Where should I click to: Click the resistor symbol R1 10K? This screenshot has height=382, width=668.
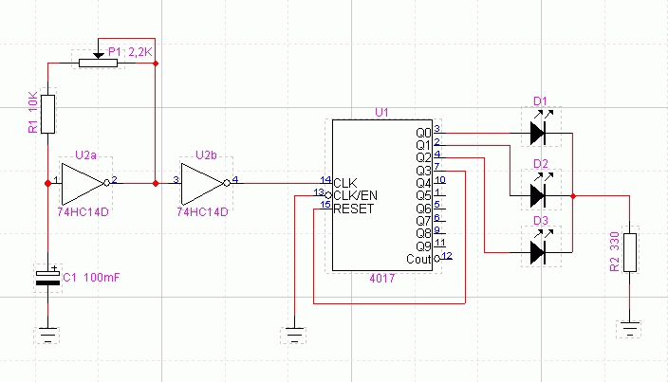(x=47, y=114)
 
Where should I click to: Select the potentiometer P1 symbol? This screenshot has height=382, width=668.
(x=98, y=63)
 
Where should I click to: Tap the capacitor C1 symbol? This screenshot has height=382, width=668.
(x=47, y=277)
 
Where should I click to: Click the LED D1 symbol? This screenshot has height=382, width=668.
(x=539, y=129)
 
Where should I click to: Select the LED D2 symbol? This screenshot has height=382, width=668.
(x=539, y=191)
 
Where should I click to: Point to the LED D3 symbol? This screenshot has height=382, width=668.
(x=539, y=248)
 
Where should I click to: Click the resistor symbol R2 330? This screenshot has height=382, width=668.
(x=630, y=252)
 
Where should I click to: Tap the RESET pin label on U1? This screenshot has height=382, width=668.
(x=354, y=209)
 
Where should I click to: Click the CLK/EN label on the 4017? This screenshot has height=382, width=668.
(x=355, y=195)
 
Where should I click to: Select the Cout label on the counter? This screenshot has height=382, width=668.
(x=418, y=259)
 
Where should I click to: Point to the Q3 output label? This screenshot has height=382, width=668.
(x=423, y=171)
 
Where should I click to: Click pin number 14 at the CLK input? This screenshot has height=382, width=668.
(x=325, y=179)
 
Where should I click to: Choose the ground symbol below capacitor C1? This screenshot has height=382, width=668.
(x=47, y=335)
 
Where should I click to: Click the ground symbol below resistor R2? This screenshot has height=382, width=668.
(x=630, y=329)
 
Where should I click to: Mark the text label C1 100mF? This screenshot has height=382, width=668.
(x=91, y=278)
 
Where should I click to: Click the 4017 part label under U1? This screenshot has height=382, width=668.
(x=382, y=279)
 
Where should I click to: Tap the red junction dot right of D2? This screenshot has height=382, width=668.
(x=573, y=196)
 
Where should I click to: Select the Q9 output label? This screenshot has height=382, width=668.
(x=423, y=246)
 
